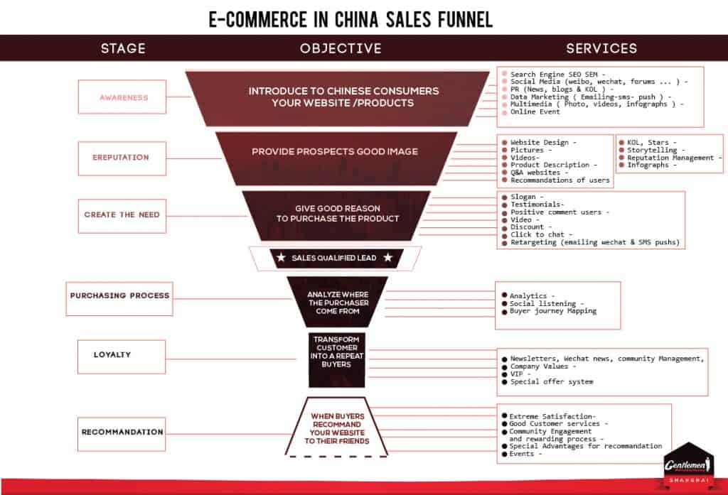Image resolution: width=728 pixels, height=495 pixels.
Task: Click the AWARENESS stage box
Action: tap(124, 97)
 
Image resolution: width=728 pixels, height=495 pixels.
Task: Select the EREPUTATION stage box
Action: tap(121, 158)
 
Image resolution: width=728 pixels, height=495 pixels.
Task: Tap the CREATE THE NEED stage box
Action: tap(122, 215)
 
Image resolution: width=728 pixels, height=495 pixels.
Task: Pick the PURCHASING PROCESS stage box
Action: tap(119, 295)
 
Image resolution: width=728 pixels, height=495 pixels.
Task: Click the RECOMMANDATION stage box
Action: tap(122, 433)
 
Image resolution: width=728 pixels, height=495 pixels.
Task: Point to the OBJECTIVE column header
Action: tap(341, 48)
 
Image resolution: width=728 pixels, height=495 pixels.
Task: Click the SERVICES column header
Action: tap(601, 48)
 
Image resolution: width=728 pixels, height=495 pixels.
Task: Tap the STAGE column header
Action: tap(123, 48)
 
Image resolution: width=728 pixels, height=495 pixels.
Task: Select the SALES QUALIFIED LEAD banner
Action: tap(334, 258)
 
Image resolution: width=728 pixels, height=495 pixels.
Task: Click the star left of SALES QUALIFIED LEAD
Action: tap(282, 258)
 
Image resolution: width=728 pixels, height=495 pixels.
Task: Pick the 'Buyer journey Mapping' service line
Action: tap(553, 311)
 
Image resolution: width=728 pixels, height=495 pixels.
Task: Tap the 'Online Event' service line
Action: tap(535, 112)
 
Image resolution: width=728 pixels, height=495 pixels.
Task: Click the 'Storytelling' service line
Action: tap(652, 150)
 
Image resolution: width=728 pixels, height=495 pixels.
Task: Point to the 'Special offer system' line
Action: tap(552, 381)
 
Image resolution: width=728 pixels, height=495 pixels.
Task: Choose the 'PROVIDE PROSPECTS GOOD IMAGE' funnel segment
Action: tap(334, 152)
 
